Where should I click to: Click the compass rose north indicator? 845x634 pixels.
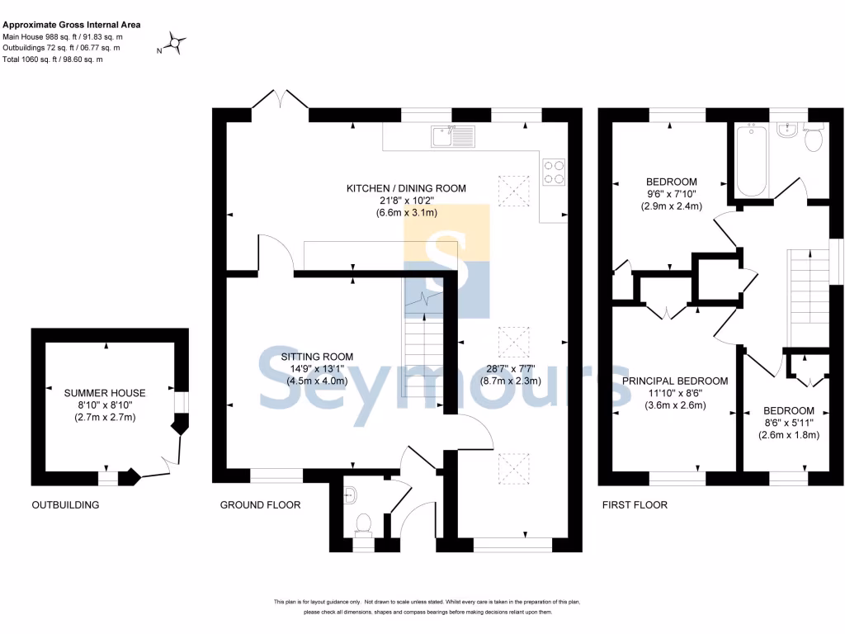[177, 42]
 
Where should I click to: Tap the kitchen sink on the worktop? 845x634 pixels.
[451, 135]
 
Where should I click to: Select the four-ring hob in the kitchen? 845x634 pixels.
[552, 170]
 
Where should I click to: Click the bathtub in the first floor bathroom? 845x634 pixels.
[751, 160]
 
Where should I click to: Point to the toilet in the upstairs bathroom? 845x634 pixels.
[813, 139]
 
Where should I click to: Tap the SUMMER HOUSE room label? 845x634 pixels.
[105, 393]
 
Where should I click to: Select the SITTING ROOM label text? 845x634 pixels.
[317, 357]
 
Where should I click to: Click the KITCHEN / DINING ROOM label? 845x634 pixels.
[405, 188]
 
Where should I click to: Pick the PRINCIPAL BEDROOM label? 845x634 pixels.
[674, 381]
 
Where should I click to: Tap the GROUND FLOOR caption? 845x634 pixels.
[260, 504]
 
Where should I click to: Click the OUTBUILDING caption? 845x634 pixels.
[65, 504]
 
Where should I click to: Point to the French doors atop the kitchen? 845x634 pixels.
[281, 101]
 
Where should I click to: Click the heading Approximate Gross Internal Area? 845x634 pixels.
[72, 25]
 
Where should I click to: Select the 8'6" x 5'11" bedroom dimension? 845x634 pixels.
[788, 423]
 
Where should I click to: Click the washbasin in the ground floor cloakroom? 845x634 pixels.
[349, 494]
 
